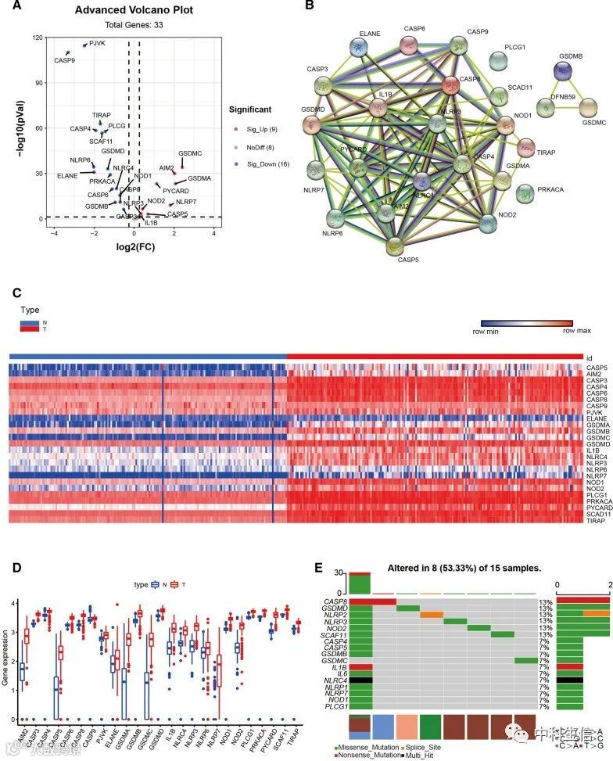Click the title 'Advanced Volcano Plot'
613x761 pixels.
134,10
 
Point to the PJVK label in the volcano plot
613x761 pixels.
96,43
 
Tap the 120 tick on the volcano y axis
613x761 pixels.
36,37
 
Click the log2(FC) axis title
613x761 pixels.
133,249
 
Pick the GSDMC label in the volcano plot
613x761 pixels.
190,154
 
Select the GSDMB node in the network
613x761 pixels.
561,71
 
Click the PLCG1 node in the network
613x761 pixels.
500,60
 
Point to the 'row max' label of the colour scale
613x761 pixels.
576,332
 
